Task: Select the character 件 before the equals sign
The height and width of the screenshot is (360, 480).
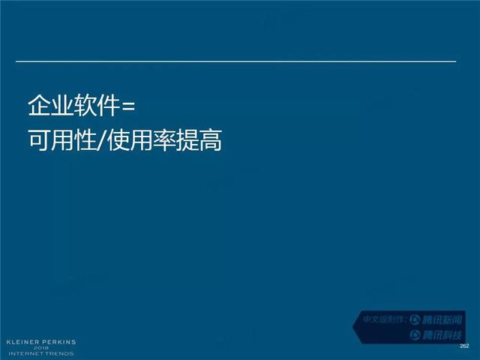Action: [x=108, y=105]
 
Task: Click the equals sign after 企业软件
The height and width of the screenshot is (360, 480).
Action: [x=128, y=107]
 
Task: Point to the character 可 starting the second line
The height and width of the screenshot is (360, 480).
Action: [x=39, y=140]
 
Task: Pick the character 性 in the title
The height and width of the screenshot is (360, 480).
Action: [x=85, y=140]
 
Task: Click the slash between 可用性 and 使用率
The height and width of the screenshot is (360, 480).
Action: [x=102, y=141]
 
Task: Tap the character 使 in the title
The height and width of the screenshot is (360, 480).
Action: [x=118, y=140]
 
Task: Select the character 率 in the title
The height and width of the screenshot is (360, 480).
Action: [x=164, y=140]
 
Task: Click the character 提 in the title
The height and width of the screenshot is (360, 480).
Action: [x=187, y=140]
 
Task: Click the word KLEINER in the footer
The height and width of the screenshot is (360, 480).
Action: [x=23, y=342]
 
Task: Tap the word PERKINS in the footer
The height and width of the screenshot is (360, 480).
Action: [x=58, y=342]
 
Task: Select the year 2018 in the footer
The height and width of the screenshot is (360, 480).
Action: [x=41, y=348]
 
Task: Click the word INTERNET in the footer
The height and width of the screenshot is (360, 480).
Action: [x=26, y=353]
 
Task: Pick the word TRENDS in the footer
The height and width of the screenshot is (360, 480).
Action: [x=59, y=353]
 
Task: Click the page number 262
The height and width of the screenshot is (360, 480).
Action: [x=464, y=346]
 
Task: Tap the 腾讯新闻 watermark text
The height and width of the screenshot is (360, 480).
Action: [x=442, y=320]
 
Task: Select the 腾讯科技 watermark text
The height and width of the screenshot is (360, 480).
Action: [x=442, y=335]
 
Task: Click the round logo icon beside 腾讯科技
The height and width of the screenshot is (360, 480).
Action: [x=415, y=334]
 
